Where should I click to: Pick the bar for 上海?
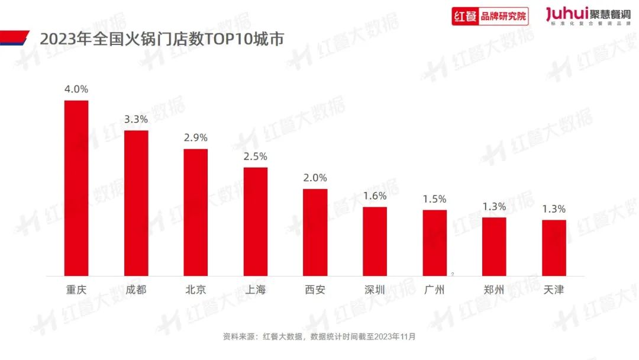click(256, 221)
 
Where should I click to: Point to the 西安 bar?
click(315, 232)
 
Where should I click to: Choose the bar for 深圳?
click(375, 241)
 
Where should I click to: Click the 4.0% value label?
click(76, 89)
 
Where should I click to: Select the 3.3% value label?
click(136, 119)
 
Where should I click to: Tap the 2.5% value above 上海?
click(256, 156)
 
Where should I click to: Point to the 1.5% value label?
click(434, 199)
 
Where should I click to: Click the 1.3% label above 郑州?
click(494, 207)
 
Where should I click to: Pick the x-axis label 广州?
click(434, 290)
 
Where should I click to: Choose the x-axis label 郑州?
click(494, 290)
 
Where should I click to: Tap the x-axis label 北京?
click(196, 290)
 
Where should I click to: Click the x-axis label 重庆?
click(76, 290)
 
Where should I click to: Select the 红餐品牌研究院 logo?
click(490, 16)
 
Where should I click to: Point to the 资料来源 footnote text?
click(319, 336)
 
